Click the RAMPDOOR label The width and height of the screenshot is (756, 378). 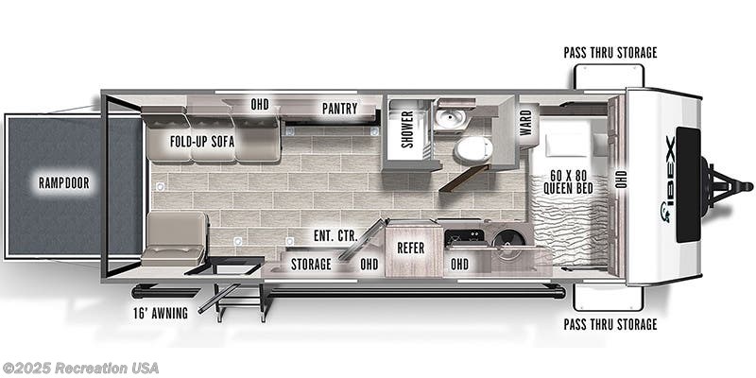[x=64, y=182]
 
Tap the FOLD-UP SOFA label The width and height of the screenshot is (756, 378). [x=202, y=142]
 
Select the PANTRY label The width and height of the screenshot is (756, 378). [x=340, y=109]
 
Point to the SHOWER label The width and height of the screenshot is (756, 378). [x=407, y=129]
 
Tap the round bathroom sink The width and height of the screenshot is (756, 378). [x=451, y=117]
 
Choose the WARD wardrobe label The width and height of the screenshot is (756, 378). [x=525, y=122]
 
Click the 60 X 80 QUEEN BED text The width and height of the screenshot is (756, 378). [x=569, y=182]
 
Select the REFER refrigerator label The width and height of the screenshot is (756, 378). [x=411, y=248]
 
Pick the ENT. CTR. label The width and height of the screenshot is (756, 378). [x=335, y=236]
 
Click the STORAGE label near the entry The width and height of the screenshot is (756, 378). [x=311, y=265]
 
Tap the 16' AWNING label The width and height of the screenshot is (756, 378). [x=161, y=314]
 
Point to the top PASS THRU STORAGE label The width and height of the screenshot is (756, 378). [x=610, y=53]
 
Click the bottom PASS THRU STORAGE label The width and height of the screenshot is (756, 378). [x=610, y=324]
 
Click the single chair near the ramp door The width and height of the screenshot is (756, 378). [x=175, y=239]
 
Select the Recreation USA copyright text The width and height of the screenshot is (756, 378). [x=79, y=369]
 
